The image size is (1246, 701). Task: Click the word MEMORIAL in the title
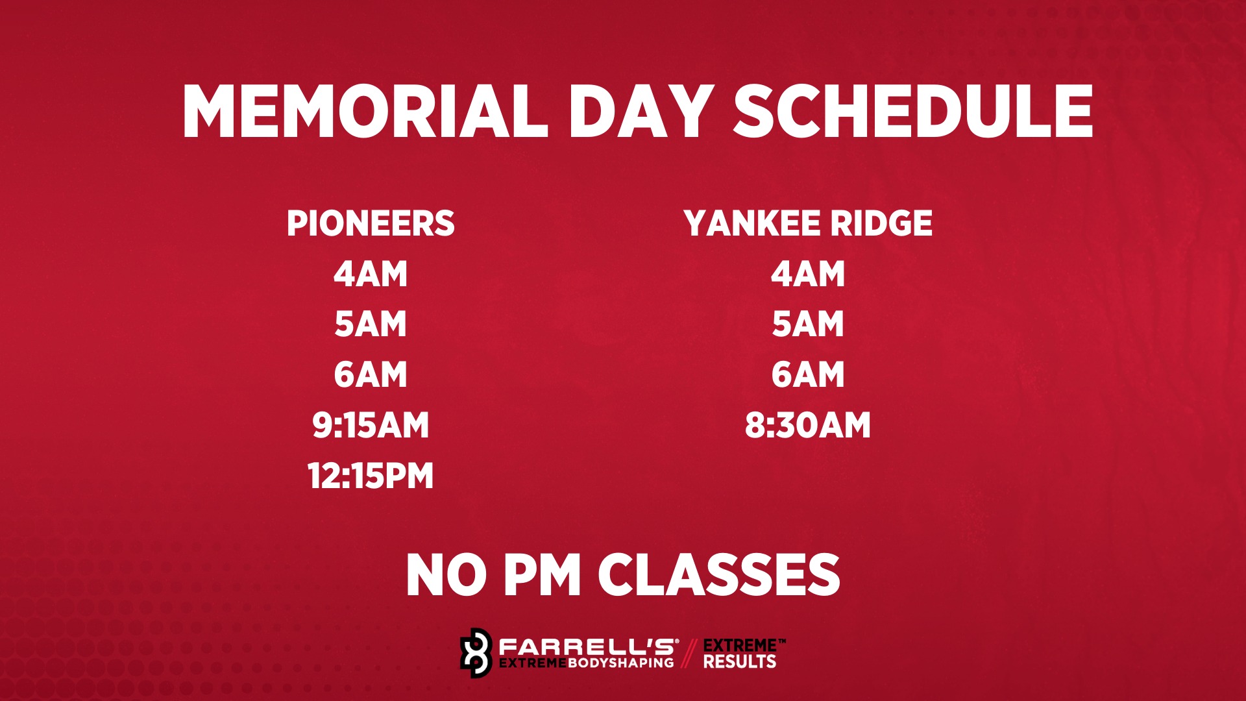point(365,112)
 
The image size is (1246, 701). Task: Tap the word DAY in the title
point(642,112)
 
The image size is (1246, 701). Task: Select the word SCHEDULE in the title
point(914,112)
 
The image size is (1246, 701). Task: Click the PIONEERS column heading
point(371,223)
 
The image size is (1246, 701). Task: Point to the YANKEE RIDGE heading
point(808,223)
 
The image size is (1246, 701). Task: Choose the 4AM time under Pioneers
point(371,274)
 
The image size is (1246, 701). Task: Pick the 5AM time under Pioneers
point(371,324)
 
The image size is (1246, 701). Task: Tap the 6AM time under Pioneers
point(371,375)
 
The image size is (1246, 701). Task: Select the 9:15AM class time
point(371,425)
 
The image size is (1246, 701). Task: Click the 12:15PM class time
point(371,476)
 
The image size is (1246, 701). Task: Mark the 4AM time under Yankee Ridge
point(808,274)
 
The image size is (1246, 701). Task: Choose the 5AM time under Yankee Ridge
point(808,324)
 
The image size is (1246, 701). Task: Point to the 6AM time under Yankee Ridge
point(808,375)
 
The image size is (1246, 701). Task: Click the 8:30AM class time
point(808,425)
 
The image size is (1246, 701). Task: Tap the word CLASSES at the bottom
point(719,575)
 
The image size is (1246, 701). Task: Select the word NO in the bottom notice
point(446,575)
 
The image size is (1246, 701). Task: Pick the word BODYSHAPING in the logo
point(621,663)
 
